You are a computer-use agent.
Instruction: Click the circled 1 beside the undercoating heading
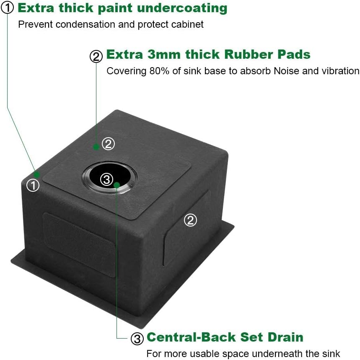(x=8, y=8)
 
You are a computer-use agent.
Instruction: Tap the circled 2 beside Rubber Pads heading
(x=96, y=56)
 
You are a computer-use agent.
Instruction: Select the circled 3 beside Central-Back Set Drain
(x=137, y=338)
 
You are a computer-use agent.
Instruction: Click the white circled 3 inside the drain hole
(x=107, y=179)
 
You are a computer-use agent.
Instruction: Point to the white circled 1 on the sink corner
(x=33, y=185)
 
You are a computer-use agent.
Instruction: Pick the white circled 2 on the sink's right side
(x=190, y=220)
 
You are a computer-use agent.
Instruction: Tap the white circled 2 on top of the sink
(x=108, y=143)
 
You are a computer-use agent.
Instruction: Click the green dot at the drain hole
(x=117, y=185)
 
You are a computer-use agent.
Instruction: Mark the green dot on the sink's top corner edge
(x=37, y=175)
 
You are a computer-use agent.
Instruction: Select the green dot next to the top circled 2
(x=96, y=147)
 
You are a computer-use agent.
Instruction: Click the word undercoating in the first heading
(x=182, y=8)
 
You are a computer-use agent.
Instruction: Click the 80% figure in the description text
(x=159, y=71)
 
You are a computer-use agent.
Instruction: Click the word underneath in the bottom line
(x=277, y=354)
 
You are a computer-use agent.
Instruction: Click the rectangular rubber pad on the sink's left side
(x=79, y=244)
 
